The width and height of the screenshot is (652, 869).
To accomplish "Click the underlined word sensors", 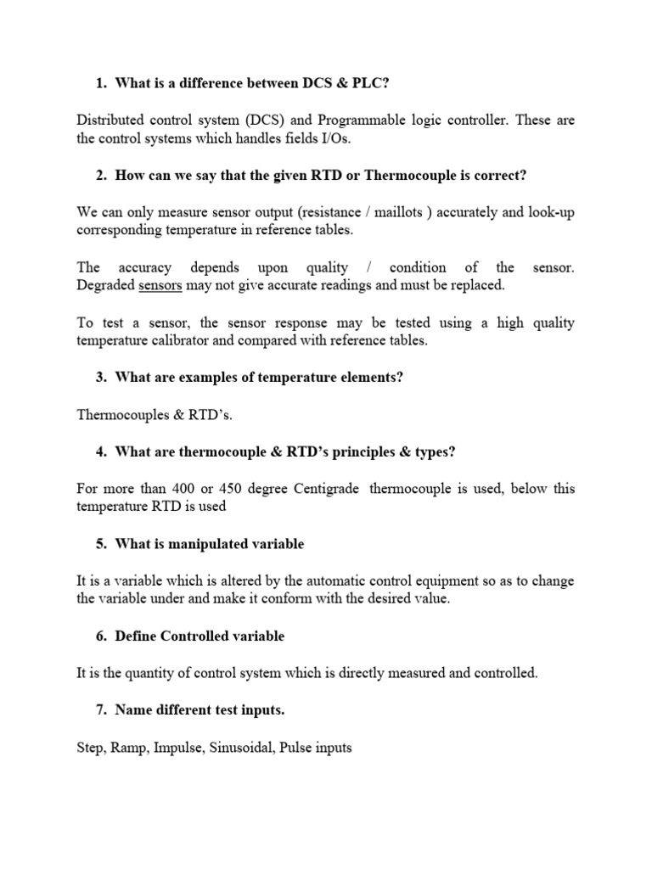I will point(160,285).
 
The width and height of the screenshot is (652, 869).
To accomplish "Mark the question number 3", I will point(100,378).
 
